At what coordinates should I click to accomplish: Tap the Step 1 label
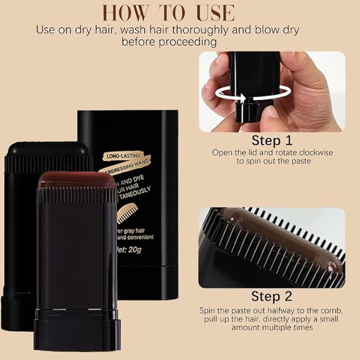pyautogui.click(x=271, y=141)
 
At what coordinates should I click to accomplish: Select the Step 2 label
pyautogui.click(x=271, y=296)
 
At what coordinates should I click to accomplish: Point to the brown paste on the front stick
pyautogui.click(x=77, y=180)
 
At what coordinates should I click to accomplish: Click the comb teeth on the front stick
pyautogui.click(x=77, y=194)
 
